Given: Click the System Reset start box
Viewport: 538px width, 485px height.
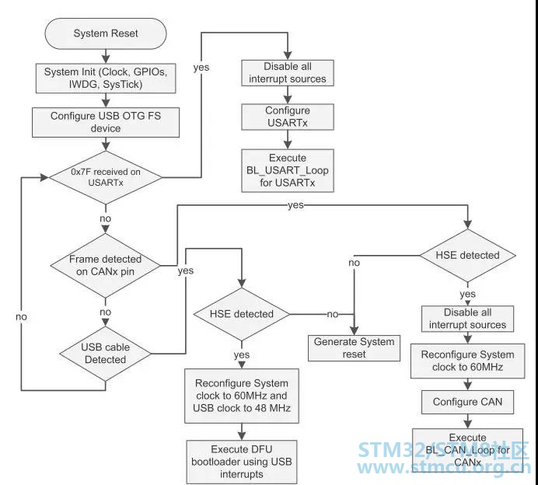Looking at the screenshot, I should tap(107, 33).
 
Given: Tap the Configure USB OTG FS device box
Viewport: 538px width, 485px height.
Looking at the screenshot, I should tap(107, 122).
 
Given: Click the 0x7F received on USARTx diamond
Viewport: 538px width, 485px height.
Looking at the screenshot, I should tap(107, 177).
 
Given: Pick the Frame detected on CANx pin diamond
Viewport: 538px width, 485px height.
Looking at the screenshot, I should tap(107, 265).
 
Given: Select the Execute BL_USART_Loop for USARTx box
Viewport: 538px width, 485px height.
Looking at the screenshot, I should tap(287, 170).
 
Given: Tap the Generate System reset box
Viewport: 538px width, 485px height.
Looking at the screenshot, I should tap(354, 347).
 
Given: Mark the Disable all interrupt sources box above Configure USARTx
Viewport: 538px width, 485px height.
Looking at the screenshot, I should tap(287, 72).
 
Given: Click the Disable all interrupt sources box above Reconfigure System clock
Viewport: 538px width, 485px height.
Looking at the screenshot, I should tap(468, 319).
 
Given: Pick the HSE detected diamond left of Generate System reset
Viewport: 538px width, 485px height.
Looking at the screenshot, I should tap(243, 314).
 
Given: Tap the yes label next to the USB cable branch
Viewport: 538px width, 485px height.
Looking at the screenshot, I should tap(186, 270).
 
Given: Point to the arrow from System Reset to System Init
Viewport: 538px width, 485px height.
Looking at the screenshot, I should tap(107, 54).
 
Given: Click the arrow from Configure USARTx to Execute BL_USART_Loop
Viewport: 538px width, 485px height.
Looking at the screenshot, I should tap(287, 140).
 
